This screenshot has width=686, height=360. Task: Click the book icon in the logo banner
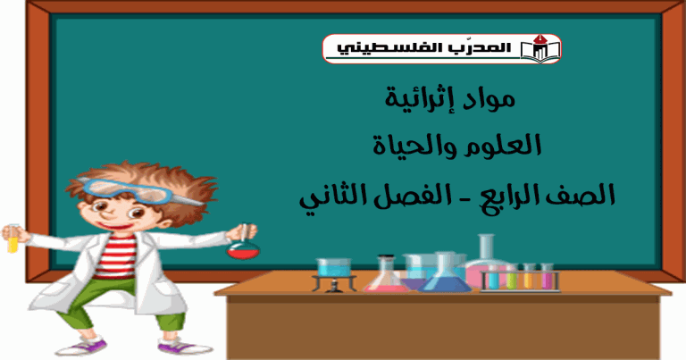(x=540, y=49)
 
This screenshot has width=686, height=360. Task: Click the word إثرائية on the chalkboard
(x=418, y=99)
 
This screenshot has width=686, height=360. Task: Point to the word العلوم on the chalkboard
(x=501, y=146)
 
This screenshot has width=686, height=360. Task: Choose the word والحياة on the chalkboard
(x=414, y=146)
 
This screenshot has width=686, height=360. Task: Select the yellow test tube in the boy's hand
(x=13, y=239)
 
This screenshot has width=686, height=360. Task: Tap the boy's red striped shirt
(x=116, y=255)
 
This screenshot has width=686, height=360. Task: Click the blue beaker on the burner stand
(x=334, y=267)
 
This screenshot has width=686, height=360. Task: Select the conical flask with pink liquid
(x=386, y=275)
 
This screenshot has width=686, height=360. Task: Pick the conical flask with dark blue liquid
(x=443, y=274)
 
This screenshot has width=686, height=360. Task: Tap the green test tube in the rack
(x=511, y=277)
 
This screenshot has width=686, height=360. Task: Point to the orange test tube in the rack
(x=529, y=277)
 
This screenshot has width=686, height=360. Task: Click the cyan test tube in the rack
(x=494, y=277)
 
